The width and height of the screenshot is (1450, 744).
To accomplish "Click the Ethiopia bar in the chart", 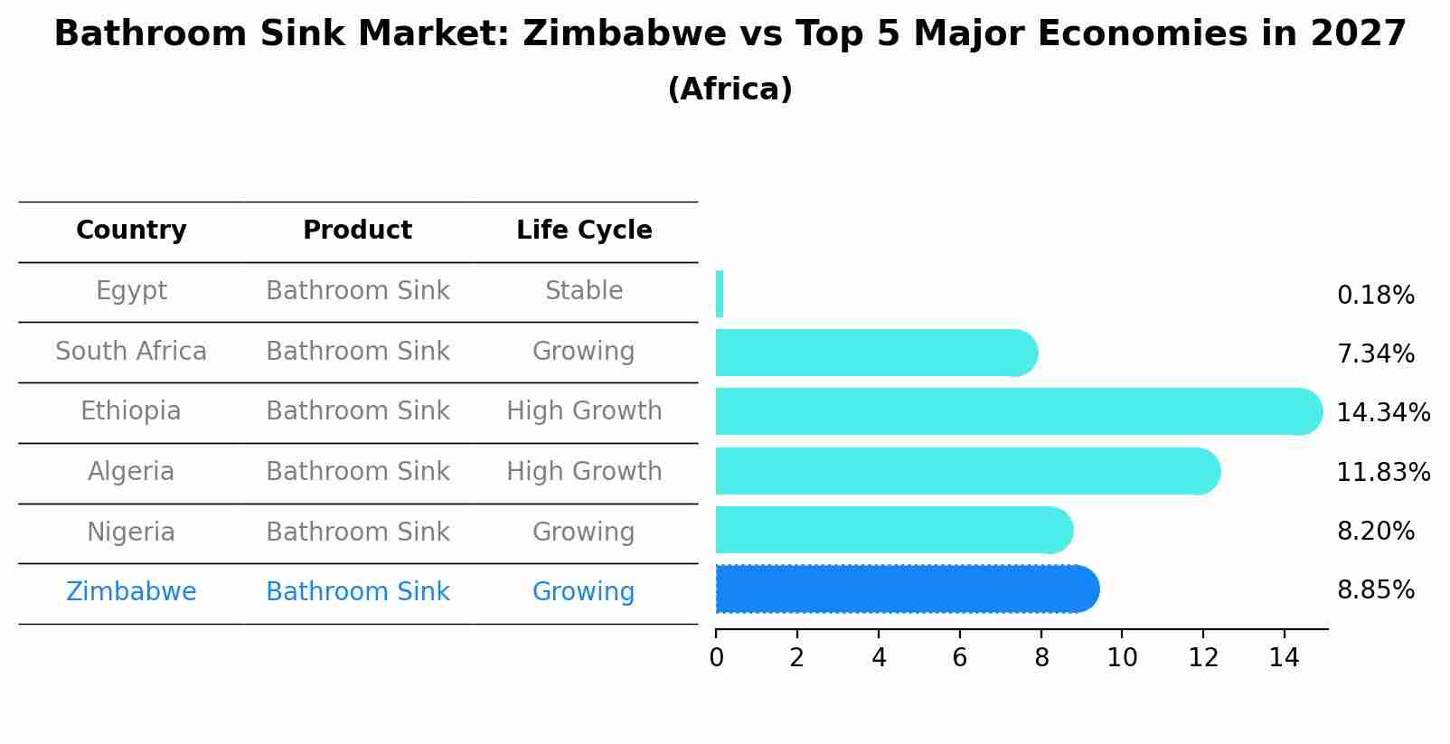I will pos(1012,411).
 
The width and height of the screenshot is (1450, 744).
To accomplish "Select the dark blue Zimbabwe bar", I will pos(904,589).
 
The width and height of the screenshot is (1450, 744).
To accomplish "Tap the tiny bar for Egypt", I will pos(720,294).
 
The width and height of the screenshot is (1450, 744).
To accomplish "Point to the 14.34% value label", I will pos(1382,413).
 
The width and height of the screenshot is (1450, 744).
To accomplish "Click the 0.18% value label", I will pos(1375,296).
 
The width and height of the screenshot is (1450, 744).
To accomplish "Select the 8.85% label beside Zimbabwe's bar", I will pos(1375,590).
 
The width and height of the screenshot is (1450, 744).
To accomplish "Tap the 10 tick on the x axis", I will pos(1122,658).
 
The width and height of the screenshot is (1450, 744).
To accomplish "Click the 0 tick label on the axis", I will pos(716,658).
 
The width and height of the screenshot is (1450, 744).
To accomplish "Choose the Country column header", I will pos(131,231).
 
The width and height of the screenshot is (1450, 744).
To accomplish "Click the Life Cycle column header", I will pos(584,231).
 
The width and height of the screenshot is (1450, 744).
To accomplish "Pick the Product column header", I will pos(357,231).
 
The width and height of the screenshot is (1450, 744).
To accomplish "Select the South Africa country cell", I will pos(131,351).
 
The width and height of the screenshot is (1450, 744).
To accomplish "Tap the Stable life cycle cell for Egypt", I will pos(584,291).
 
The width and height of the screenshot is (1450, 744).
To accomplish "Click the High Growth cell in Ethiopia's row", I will pos(584,411).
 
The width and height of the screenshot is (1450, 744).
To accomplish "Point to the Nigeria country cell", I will pos(131,532).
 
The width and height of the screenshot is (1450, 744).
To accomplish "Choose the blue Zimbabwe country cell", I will pos(131,591).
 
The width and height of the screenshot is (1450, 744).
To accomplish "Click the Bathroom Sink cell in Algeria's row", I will pos(357,471).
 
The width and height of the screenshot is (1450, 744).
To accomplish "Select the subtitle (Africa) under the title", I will pos(730,89).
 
